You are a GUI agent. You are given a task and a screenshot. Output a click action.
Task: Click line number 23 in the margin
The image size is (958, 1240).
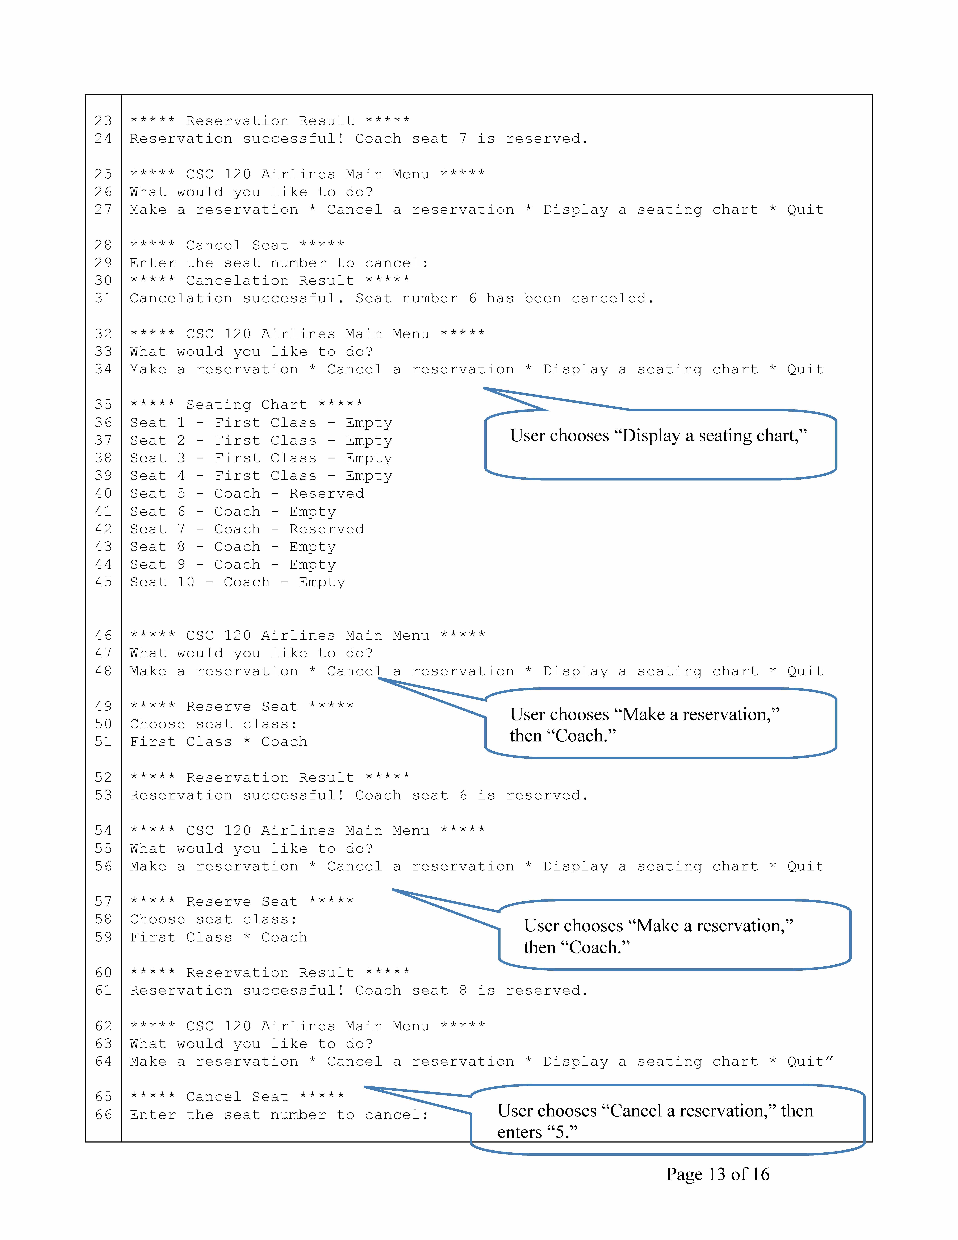[x=103, y=121]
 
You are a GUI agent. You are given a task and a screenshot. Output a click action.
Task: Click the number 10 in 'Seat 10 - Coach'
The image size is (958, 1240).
[x=186, y=582]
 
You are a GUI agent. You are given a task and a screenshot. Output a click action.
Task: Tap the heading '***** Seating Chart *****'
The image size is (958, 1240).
[x=246, y=405]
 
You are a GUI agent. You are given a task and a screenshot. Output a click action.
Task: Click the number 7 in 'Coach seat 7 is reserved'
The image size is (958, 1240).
[x=463, y=138]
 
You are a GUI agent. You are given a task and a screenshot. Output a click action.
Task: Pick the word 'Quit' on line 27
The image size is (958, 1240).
[x=805, y=209]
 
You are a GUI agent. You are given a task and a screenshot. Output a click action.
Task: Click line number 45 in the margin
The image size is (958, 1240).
[x=103, y=582]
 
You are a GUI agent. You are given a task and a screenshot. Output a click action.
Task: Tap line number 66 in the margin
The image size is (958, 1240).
[x=103, y=1115]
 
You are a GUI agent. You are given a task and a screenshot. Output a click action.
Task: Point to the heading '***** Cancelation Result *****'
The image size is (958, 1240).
[x=270, y=280]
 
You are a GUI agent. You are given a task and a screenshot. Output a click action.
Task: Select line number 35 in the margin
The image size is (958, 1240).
[x=103, y=405]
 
